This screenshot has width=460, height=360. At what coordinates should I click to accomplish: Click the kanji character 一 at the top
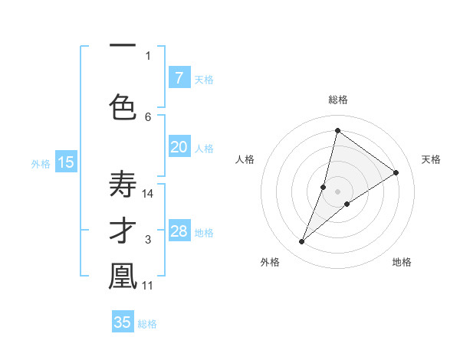pos(123,46)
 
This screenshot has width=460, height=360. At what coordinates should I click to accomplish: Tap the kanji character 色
pos(123,106)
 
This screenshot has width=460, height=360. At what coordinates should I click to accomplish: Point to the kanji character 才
pos(123,231)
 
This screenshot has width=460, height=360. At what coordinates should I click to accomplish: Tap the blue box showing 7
pos(179,77)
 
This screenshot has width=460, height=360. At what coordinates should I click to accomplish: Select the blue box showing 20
pos(179,147)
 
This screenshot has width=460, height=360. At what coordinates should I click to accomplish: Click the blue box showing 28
pos(179,231)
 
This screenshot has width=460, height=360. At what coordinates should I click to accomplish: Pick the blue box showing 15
pos(65,162)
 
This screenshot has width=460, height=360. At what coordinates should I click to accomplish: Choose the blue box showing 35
pos(123,322)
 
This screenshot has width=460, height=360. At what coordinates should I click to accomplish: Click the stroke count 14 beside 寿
pos(148,194)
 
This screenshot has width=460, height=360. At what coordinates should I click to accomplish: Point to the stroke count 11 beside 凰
pos(148,286)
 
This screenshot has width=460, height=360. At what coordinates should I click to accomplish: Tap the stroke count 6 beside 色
pos(148,116)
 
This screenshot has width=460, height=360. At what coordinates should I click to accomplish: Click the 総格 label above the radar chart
pos(337,100)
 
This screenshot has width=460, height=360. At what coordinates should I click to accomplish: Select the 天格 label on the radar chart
pos(431,159)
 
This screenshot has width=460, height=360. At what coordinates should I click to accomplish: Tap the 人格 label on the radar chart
pos(245,159)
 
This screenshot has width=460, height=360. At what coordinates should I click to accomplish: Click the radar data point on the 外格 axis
pos(301,242)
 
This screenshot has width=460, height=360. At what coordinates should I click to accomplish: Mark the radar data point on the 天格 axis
pos(396,172)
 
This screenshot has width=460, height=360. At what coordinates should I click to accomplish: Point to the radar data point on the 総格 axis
pos(337,130)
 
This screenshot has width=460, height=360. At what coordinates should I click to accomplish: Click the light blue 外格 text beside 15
pos(40,163)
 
